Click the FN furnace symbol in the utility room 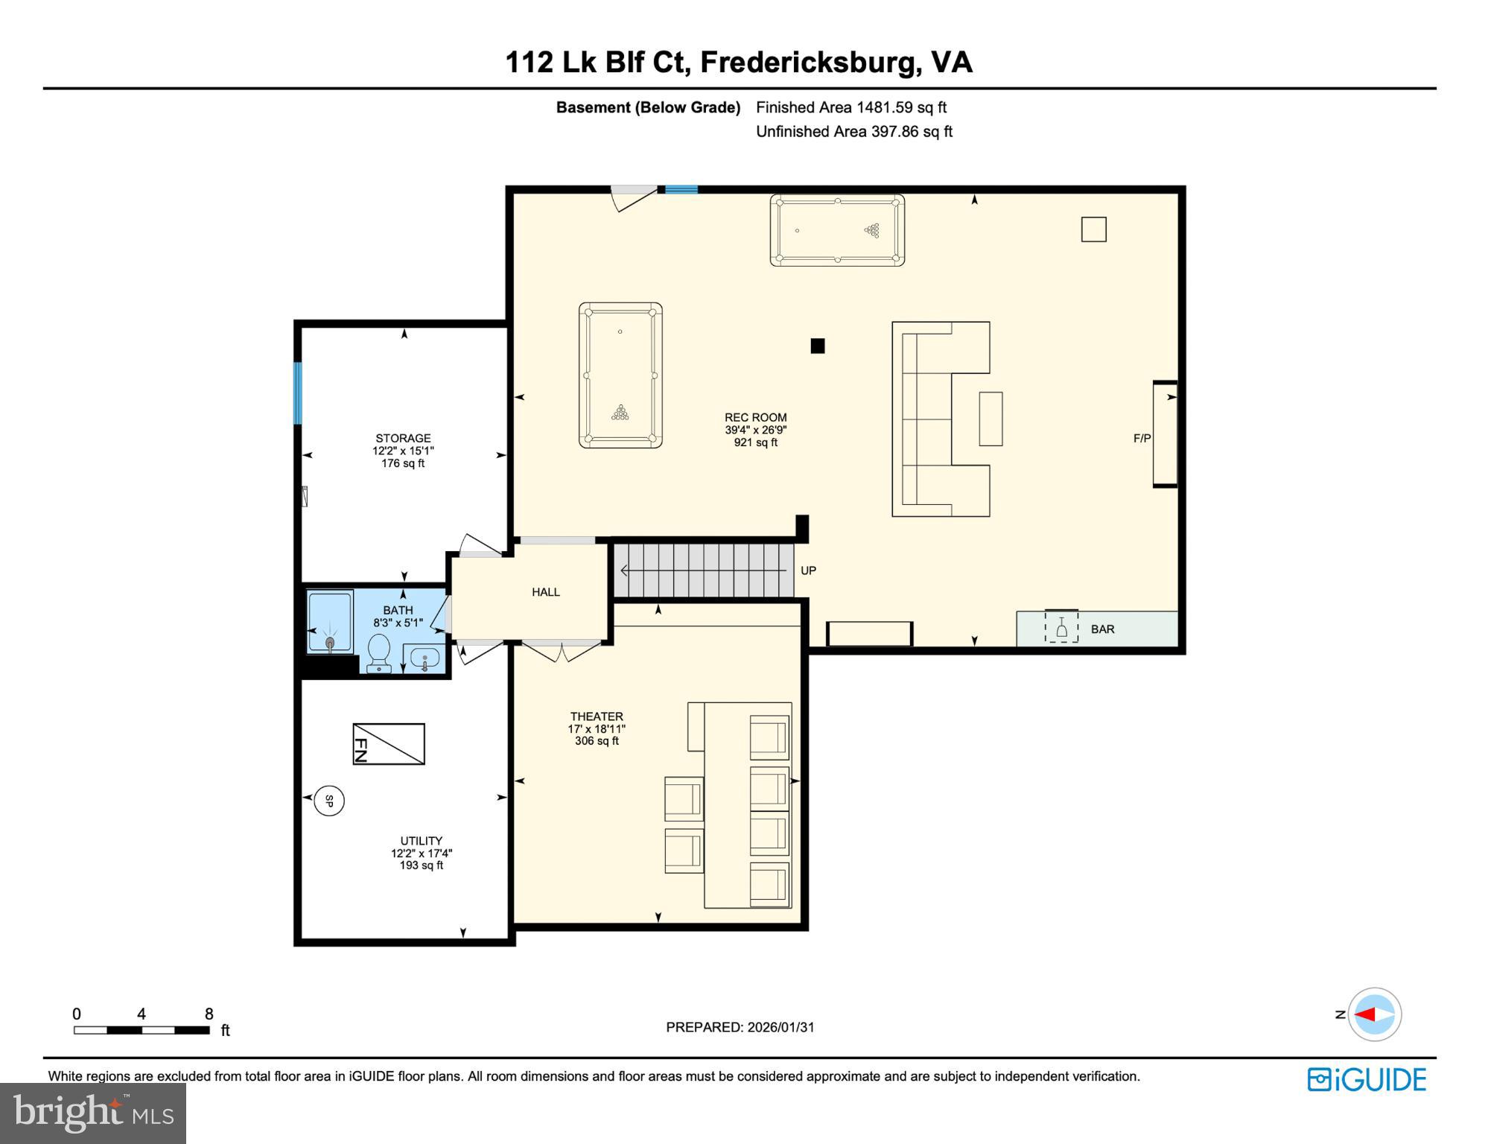[x=388, y=743]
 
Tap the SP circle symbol [x=329, y=801]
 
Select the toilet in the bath [x=379, y=652]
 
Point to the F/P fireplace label [x=1142, y=439]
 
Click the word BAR [x=1102, y=629]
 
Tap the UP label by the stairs [x=808, y=571]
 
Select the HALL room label [x=545, y=592]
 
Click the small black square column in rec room [x=818, y=346]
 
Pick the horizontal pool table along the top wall [x=837, y=230]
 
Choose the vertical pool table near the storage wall [x=620, y=375]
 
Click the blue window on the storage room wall [x=298, y=393]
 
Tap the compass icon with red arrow [x=1374, y=1014]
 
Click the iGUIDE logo [x=1367, y=1079]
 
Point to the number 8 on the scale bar [x=209, y=1014]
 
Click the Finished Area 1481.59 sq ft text [x=850, y=107]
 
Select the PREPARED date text [x=740, y=1027]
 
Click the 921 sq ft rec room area [x=755, y=442]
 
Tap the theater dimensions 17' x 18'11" [x=597, y=729]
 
